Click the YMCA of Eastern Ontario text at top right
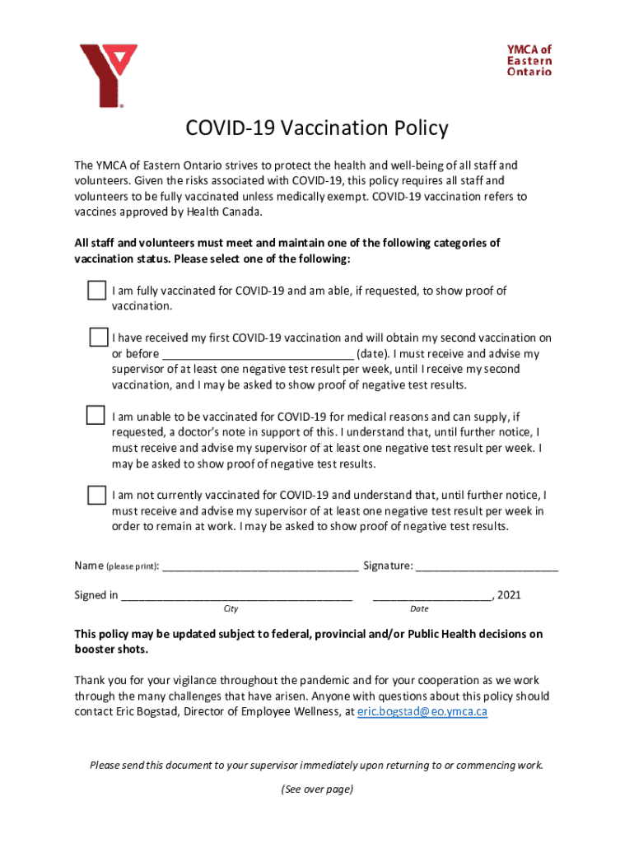tap(529, 60)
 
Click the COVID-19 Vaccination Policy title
tap(316, 128)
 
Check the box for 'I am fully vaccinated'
tap(96, 291)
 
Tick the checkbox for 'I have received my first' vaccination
tap(98, 338)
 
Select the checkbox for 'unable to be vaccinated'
tap(96, 416)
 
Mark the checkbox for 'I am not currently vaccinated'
tap(96, 495)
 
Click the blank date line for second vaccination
tap(258, 355)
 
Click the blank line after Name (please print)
tap(261, 566)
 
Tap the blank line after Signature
tap(487, 566)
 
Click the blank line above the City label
tap(237, 596)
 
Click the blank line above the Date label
tap(431, 596)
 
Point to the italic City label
tap(231, 609)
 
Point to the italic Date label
tap(419, 609)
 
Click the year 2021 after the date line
tap(509, 595)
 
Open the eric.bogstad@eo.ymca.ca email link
tap(422, 712)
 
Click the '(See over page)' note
tap(316, 789)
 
